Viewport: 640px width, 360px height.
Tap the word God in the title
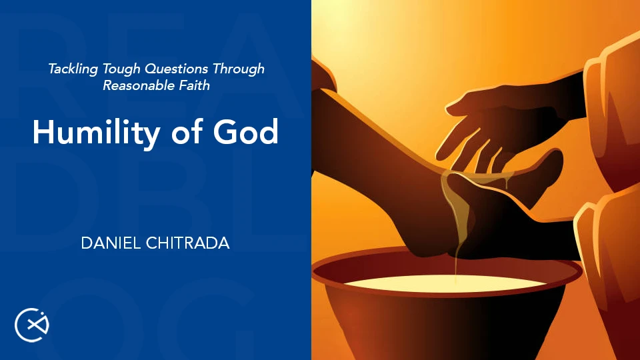(x=246, y=131)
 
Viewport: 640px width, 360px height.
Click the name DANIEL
(x=111, y=243)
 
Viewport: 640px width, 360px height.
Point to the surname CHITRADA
(x=188, y=243)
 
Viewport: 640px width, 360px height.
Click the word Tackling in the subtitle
(x=73, y=69)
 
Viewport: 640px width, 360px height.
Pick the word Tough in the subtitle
(x=121, y=69)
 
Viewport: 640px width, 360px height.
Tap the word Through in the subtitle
(x=239, y=69)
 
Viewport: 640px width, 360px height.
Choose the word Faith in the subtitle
(x=195, y=85)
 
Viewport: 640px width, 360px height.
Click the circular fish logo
(x=32, y=325)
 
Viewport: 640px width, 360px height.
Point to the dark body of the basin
(x=445, y=327)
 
